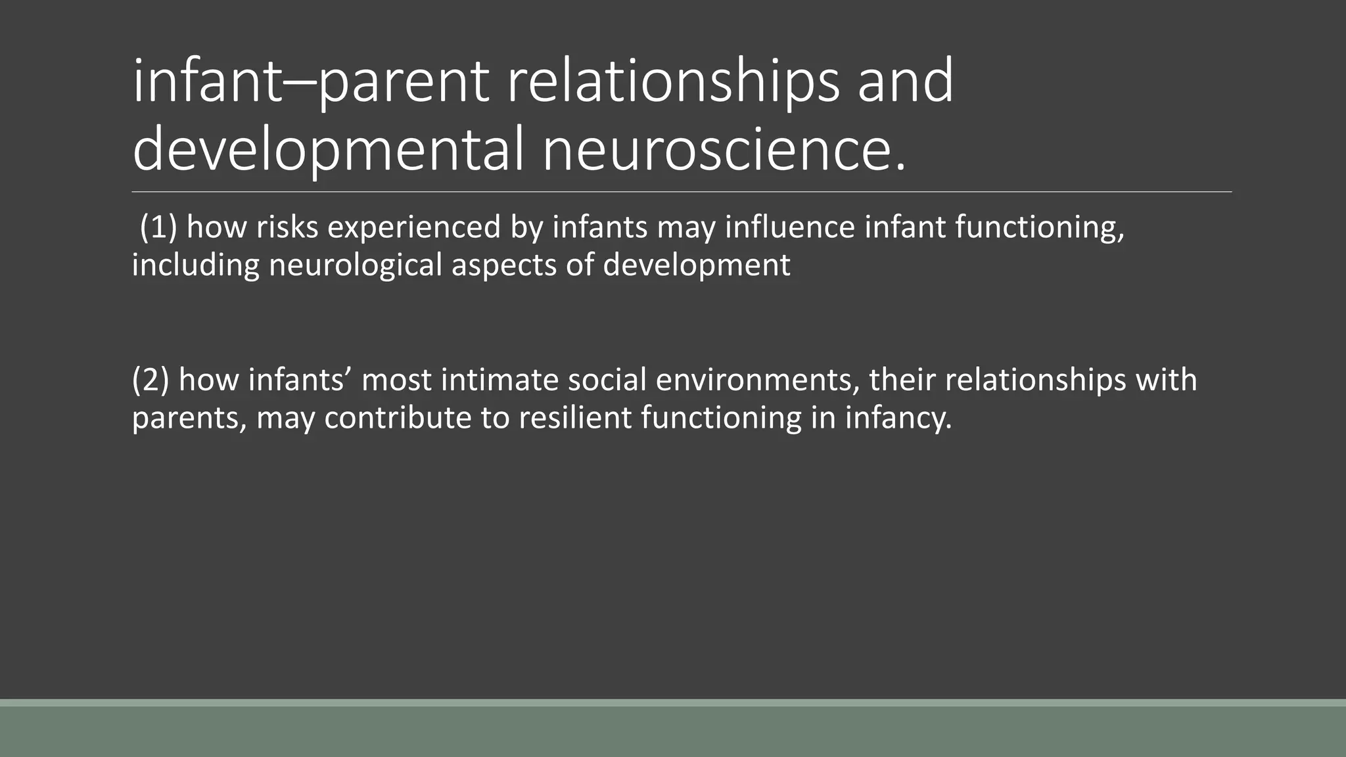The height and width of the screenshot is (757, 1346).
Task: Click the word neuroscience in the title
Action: tap(724, 150)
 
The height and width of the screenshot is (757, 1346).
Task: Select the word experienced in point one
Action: tap(414, 227)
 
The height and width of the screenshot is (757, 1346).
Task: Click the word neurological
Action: tap(356, 265)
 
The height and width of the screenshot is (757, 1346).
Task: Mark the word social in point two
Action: tap(599, 380)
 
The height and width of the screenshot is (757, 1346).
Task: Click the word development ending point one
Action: tap(696, 265)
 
